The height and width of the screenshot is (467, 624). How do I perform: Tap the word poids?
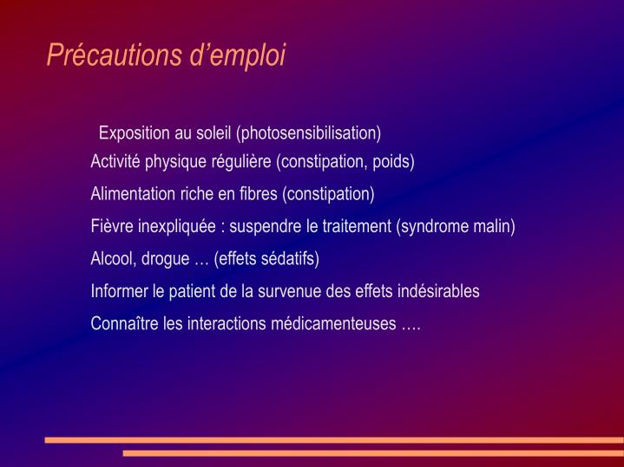click(x=392, y=162)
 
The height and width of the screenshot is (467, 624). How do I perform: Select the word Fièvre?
click(x=111, y=227)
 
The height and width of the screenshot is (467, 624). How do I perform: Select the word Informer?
click(x=118, y=292)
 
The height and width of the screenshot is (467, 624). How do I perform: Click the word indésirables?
click(x=435, y=292)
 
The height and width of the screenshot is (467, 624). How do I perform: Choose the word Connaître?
click(x=125, y=324)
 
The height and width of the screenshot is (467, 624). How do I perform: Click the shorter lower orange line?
click(x=373, y=453)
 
